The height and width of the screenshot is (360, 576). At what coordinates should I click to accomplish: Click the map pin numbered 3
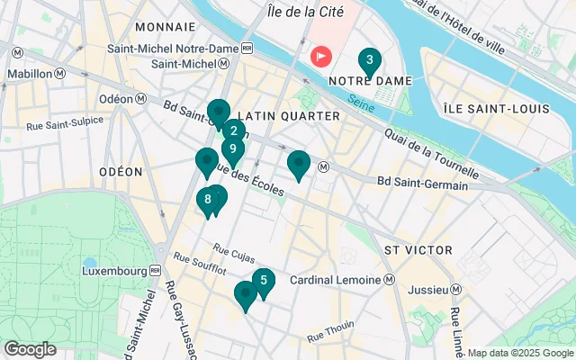[368, 61]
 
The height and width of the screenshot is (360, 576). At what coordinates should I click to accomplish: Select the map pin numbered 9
[233, 150]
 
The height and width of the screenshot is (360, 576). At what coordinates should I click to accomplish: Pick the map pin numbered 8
[208, 201]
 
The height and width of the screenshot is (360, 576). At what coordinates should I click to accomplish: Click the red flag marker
[321, 56]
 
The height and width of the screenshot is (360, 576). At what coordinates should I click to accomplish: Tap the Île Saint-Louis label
[496, 109]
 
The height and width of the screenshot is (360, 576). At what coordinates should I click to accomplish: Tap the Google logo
[30, 349]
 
